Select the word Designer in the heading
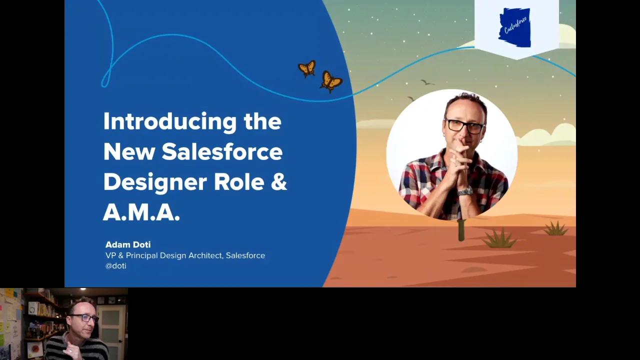(155, 182)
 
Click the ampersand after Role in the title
(278, 182)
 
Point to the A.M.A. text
(141, 212)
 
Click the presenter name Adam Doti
(128, 244)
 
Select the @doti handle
(115, 266)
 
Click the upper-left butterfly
(307, 68)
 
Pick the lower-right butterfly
(331, 81)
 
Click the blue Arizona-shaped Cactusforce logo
(514, 27)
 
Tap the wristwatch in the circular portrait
(465, 191)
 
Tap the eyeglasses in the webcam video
(83, 318)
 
